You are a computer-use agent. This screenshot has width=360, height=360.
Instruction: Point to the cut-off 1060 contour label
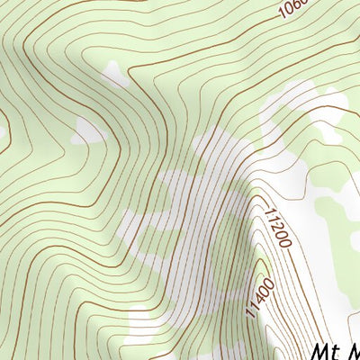292,9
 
